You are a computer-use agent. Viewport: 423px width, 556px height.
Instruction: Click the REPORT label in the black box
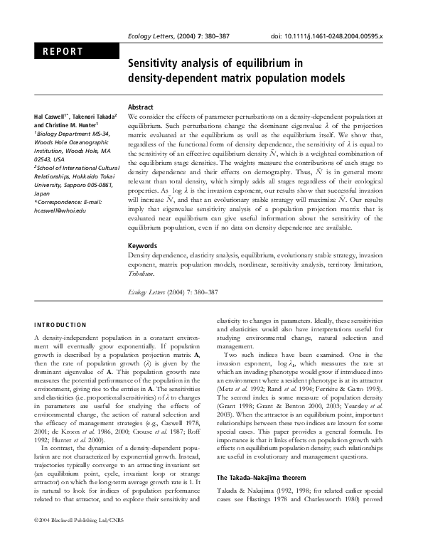[63, 51]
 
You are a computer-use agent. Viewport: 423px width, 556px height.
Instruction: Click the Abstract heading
[141, 106]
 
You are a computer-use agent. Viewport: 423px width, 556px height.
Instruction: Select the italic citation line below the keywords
[171, 292]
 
